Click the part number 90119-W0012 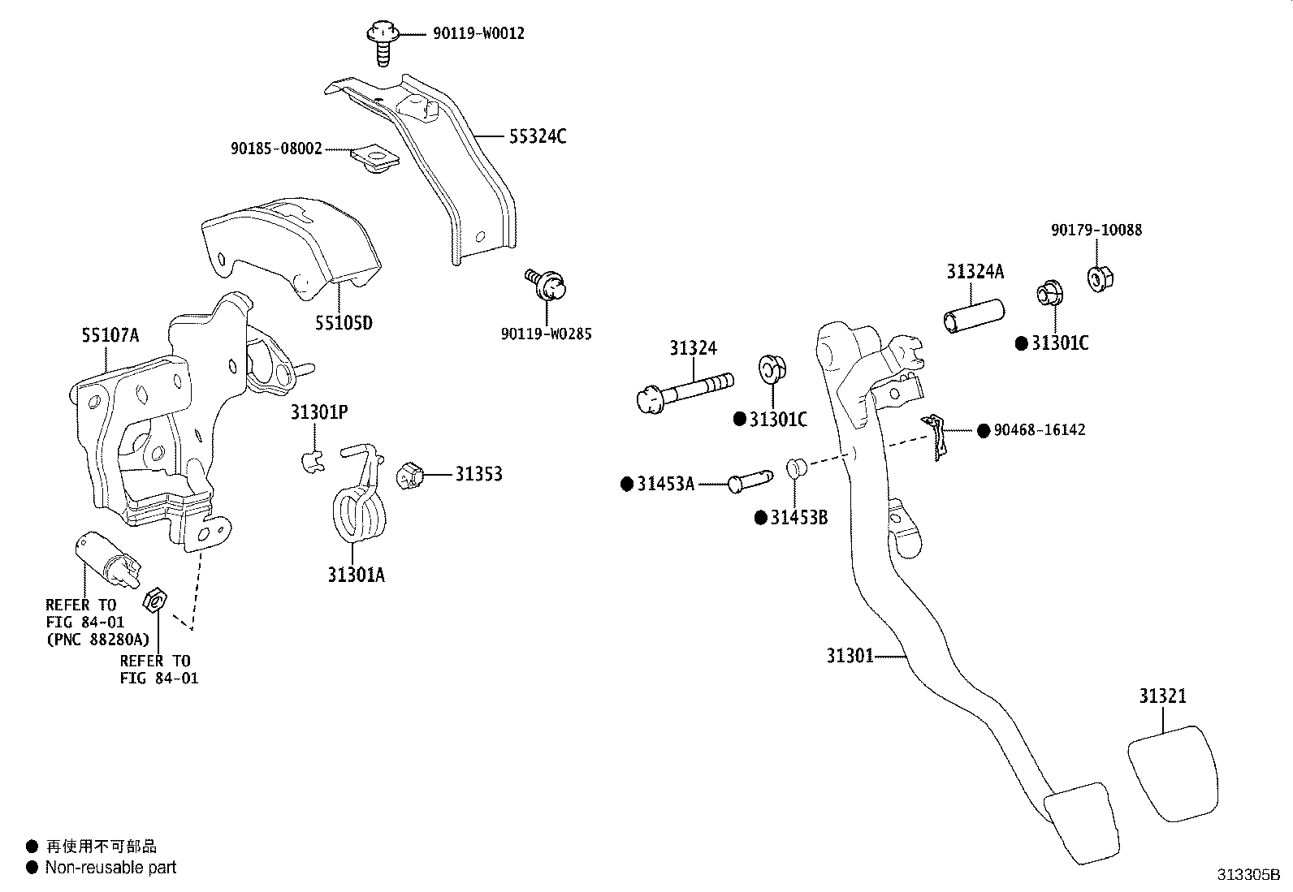click(478, 33)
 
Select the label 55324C click(538, 136)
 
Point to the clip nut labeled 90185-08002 click(374, 158)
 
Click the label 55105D click(344, 323)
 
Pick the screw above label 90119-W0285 click(546, 284)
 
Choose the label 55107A click(110, 335)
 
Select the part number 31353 click(478, 474)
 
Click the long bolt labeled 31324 click(685, 392)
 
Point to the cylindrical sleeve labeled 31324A click(974, 316)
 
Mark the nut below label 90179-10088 click(1101, 278)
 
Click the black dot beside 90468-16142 click(984, 430)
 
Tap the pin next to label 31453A click(750, 480)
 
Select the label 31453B click(799, 518)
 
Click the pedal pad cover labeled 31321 click(1173, 772)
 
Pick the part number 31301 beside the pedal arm click(850, 656)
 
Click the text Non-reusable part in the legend click(110, 868)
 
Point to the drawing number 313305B click(1248, 875)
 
